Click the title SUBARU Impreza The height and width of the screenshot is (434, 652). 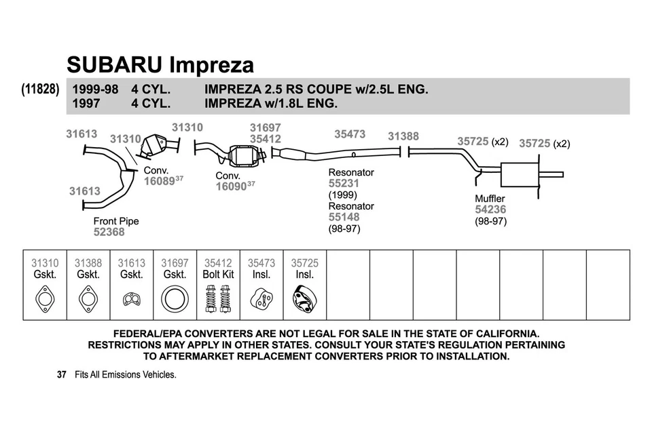[x=160, y=64]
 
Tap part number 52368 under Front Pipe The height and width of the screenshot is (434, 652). [x=109, y=232]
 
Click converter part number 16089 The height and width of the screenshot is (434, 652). [x=159, y=181]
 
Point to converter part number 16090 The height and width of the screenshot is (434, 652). [x=231, y=186]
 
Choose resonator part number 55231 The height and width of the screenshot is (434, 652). [x=344, y=183]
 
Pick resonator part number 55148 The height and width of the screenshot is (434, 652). [x=344, y=217]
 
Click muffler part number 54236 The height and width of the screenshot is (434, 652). [x=490, y=210]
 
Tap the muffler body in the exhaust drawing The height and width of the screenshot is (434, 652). [x=518, y=175]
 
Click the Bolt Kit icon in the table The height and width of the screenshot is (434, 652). [x=218, y=298]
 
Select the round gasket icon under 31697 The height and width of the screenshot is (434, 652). [x=175, y=298]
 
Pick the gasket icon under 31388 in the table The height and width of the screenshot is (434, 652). [x=88, y=298]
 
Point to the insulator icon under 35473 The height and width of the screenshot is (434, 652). [x=261, y=298]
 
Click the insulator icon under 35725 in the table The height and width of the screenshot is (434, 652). [x=304, y=299]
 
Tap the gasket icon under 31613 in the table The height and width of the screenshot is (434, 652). [x=131, y=298]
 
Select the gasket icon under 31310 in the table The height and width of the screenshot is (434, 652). [x=45, y=298]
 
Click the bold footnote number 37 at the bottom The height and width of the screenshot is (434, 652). [x=62, y=374]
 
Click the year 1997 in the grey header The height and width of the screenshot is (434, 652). [x=86, y=104]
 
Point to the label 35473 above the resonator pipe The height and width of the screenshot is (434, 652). [x=350, y=134]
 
